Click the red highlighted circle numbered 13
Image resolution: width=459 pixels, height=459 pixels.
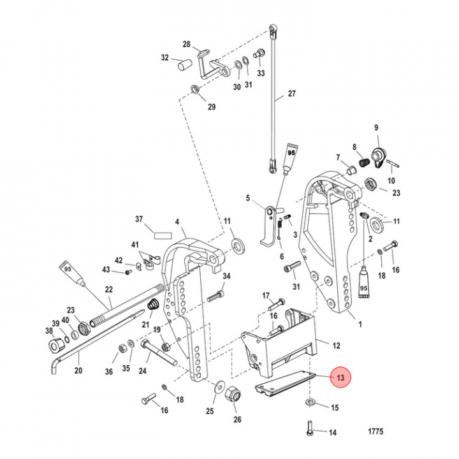coord(340,378)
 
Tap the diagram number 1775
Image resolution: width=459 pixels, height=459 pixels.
coord(375,432)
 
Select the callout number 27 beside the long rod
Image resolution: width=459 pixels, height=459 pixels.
coord(291,94)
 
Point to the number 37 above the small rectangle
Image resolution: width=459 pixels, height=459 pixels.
coord(139,219)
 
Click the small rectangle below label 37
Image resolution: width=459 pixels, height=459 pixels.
coord(159,234)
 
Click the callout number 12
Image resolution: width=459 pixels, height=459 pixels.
coord(336,346)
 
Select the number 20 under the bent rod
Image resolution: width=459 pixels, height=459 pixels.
coord(78,370)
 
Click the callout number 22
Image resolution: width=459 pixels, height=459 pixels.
coord(109,289)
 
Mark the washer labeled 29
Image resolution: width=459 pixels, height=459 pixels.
coord(195,89)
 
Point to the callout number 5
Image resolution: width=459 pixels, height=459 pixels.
coord(248,198)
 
